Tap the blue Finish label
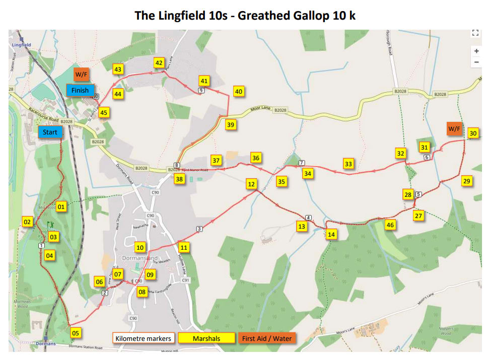80,91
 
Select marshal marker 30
472,133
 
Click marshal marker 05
76,333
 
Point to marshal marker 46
389,225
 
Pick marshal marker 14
331,234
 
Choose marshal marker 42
159,63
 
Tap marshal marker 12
251,184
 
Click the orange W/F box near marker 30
454,129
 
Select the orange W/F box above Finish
81,75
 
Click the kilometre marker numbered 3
199,230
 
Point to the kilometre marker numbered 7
301,163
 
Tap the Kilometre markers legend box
143,338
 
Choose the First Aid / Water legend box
267,338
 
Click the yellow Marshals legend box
207,338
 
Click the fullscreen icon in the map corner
475,34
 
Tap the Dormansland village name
140,258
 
